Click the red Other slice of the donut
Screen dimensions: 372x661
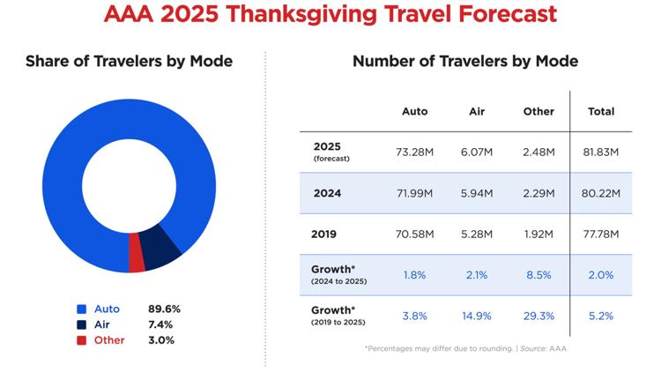(x=137, y=255)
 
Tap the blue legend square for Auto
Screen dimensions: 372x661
(x=81, y=309)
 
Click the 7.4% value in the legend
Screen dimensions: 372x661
(x=165, y=324)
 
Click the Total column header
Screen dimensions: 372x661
(x=601, y=112)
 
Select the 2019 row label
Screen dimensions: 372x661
(x=325, y=234)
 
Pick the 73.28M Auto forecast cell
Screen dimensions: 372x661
(x=414, y=152)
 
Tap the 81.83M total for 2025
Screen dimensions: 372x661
(x=601, y=152)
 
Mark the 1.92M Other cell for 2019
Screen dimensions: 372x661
(x=538, y=234)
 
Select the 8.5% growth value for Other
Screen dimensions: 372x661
(x=538, y=275)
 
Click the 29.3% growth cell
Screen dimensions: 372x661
(x=538, y=315)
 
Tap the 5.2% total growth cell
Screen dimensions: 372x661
(x=601, y=315)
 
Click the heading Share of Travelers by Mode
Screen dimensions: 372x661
(x=129, y=61)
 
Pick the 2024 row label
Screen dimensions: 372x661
(x=327, y=193)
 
